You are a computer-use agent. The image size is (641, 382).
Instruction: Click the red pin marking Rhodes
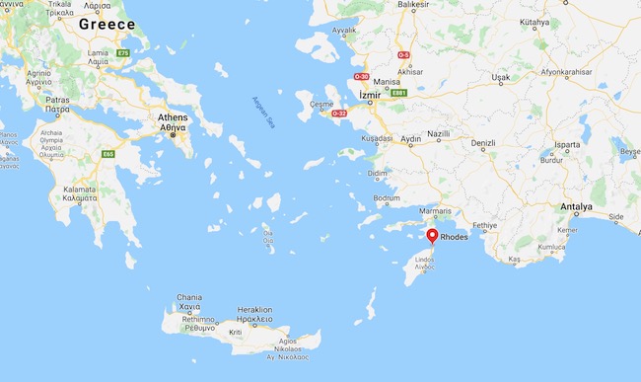coord(432,235)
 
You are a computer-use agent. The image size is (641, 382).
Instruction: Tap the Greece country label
coord(107,23)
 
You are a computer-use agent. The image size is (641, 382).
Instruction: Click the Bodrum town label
coord(387,197)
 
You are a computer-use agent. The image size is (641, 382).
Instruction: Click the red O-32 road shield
coord(339,114)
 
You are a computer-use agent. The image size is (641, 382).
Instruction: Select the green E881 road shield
coord(398,93)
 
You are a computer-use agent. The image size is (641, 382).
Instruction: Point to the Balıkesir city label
coord(412,5)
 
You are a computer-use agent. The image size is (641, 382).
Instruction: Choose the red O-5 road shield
coord(402,55)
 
